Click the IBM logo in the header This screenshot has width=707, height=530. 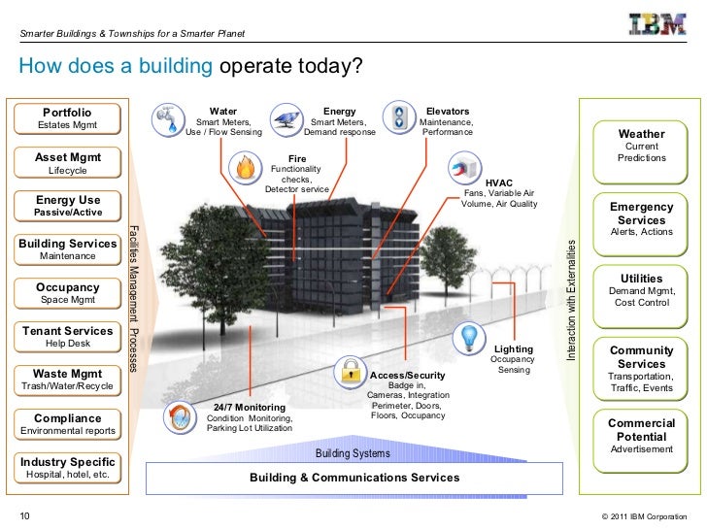(657, 25)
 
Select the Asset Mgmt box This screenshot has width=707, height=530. (67, 163)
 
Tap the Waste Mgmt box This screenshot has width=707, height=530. (67, 380)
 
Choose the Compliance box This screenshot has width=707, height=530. (67, 424)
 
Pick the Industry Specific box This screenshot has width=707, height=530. (67, 468)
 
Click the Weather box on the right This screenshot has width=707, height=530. (641, 146)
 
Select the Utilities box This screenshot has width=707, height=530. (641, 290)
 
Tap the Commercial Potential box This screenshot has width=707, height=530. (641, 436)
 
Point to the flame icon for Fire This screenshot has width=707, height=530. (244, 168)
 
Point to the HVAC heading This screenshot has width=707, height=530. (499, 182)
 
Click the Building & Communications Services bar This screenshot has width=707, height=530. (354, 478)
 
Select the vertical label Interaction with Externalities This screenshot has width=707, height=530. (571, 301)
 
